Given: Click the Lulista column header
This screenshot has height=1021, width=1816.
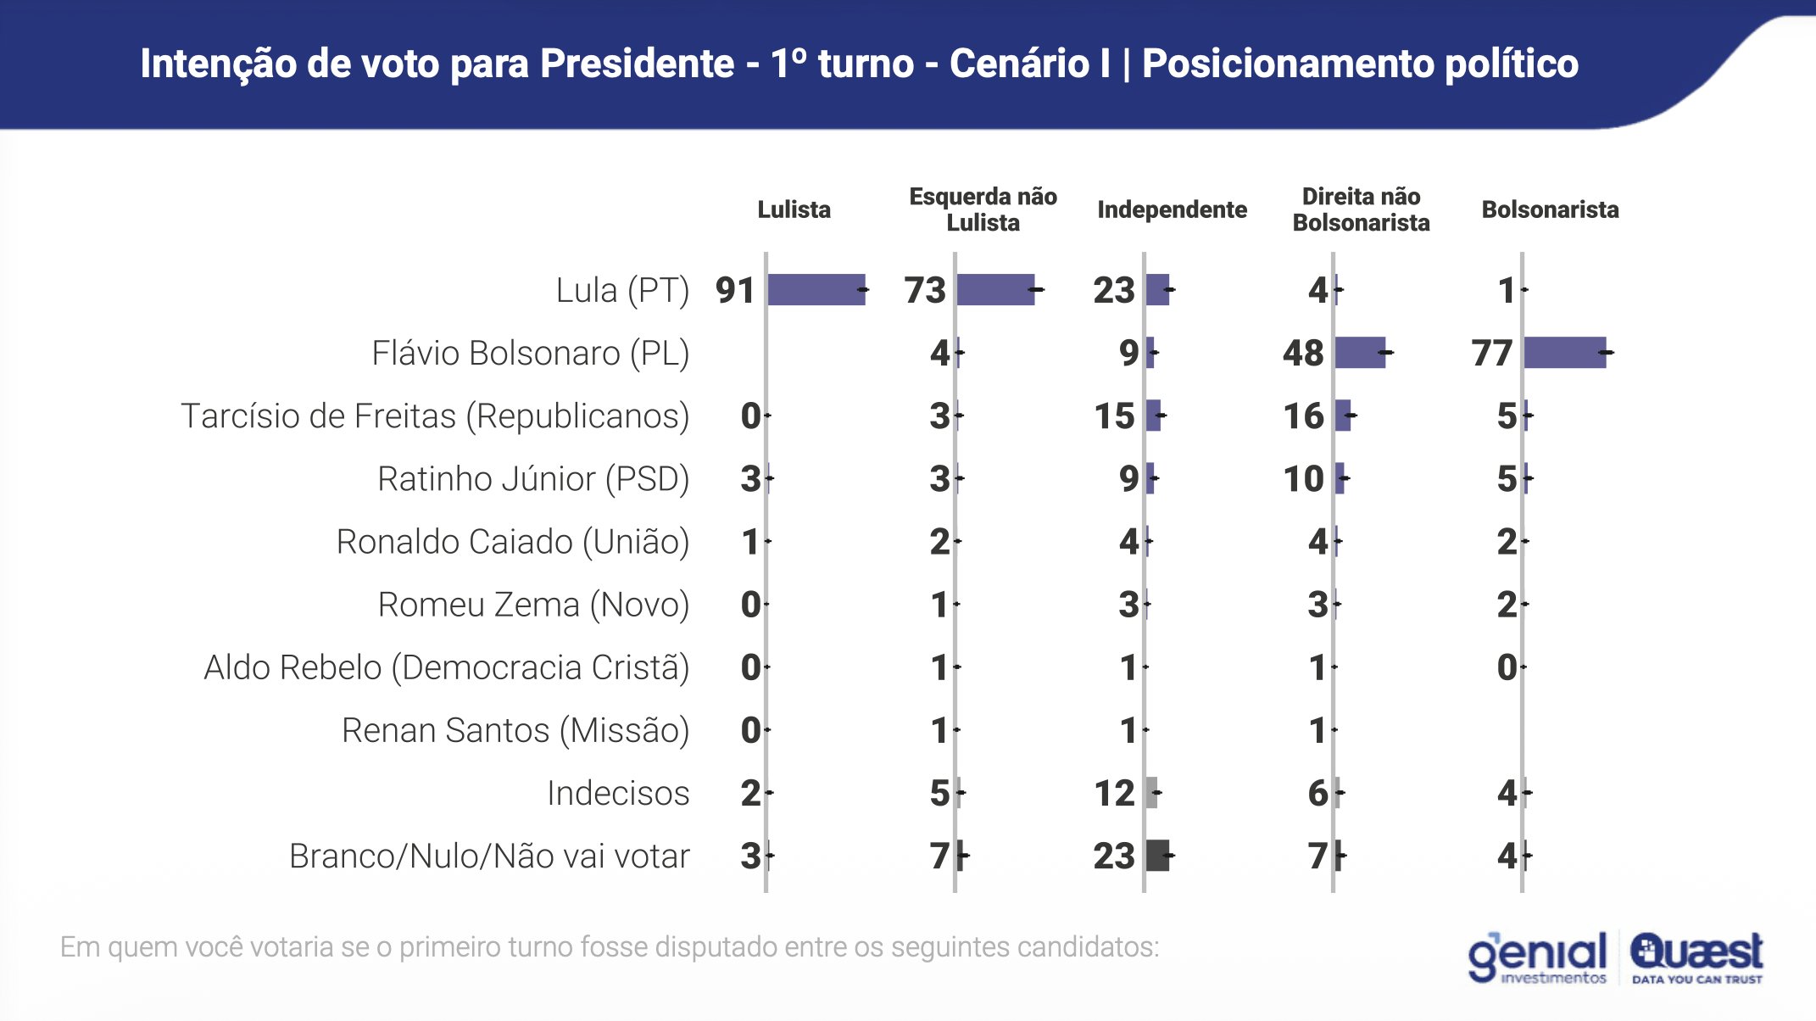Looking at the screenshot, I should [794, 209].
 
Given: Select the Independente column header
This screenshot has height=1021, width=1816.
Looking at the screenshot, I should [1172, 209].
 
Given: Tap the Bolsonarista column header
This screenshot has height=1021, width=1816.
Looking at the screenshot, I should [1550, 209].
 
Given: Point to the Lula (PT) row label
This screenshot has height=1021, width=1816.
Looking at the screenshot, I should [622, 290].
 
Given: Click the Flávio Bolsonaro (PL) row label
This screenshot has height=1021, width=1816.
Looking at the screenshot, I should [530, 353].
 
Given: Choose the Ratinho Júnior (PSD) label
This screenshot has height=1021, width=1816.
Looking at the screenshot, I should [533, 478].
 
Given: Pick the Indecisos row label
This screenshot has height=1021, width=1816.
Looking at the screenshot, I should [618, 793].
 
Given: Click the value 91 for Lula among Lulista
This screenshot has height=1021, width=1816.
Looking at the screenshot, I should [735, 290].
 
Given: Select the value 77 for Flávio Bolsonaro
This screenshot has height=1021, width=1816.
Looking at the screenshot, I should [1492, 353].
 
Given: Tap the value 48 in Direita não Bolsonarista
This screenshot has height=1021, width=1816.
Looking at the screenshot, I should [1303, 353].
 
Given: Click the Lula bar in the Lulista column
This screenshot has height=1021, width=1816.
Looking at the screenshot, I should [816, 290].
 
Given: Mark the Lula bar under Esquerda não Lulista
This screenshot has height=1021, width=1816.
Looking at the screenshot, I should [995, 290].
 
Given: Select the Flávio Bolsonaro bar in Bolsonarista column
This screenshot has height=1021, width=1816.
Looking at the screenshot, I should [1564, 353].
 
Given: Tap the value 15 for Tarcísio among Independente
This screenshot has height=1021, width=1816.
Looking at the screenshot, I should [1114, 416].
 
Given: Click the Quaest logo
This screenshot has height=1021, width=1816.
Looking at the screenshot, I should [1696, 957].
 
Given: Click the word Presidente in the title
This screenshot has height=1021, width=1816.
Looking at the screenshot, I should [637, 64].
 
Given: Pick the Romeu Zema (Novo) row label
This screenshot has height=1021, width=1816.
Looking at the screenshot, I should [533, 605].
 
